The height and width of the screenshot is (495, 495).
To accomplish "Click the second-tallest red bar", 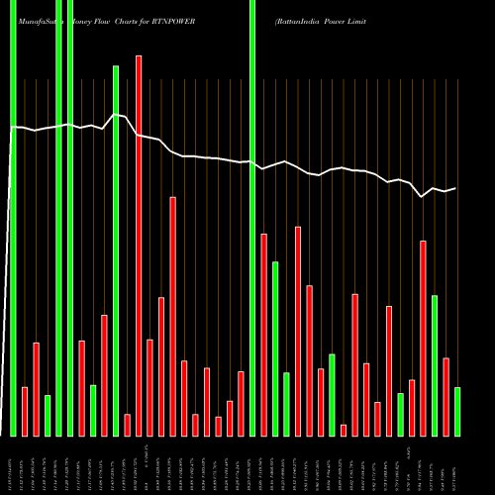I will click(x=173, y=316).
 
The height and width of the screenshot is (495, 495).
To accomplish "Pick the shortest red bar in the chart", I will click(x=344, y=430).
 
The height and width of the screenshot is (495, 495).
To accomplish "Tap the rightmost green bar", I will click(x=457, y=411).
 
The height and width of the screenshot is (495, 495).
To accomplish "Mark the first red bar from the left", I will click(x=25, y=411).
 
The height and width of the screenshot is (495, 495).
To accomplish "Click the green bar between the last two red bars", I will click(x=435, y=365).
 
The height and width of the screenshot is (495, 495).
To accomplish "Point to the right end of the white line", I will click(x=455, y=188).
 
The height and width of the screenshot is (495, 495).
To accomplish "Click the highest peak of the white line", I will click(x=116, y=115).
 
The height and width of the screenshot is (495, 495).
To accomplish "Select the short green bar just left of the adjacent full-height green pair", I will click(x=48, y=415).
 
